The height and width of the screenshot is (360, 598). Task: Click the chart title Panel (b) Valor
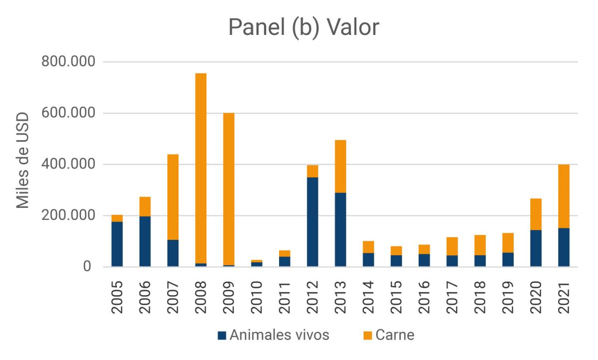click(303, 28)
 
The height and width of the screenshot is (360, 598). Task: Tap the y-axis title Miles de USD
click(23, 161)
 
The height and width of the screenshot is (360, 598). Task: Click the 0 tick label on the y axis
click(88, 267)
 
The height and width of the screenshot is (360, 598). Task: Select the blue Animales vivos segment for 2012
click(312, 222)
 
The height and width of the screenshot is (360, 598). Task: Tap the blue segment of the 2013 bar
click(340, 229)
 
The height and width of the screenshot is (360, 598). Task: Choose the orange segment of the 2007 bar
click(173, 197)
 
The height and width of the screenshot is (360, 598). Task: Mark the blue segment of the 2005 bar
click(117, 244)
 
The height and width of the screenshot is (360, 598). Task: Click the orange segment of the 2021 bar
click(564, 196)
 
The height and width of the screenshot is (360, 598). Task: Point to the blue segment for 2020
click(536, 248)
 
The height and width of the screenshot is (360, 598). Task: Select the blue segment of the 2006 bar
click(145, 241)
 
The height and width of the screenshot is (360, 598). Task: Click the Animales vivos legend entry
click(274, 335)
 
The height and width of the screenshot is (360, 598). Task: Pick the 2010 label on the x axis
click(257, 299)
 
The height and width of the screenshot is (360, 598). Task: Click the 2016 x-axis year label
click(424, 299)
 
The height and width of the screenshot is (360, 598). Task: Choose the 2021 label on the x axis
click(564, 299)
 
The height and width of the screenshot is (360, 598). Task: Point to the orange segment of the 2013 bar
click(340, 166)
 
